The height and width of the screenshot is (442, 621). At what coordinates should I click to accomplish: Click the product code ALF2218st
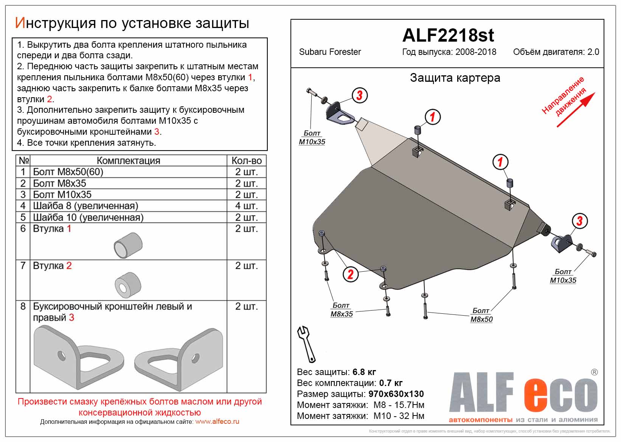coord(448,36)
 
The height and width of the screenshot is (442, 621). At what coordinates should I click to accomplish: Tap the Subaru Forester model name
coord(330,52)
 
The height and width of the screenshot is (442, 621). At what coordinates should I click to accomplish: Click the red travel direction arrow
coord(576,110)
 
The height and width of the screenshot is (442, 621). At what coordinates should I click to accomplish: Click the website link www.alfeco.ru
coord(217,422)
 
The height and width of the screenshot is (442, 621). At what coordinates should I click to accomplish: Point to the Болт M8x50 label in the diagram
coord(481,315)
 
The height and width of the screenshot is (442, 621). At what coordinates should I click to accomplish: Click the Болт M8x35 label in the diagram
coord(341,310)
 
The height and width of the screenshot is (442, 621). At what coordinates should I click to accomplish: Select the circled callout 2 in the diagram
coord(350,274)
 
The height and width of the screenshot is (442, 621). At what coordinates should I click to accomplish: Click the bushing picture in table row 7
coord(128,285)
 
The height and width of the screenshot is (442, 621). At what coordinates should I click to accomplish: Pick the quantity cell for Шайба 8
coord(246,206)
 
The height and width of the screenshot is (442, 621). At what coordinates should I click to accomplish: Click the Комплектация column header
coord(128,160)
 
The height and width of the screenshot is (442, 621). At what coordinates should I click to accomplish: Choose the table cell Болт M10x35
coord(62,195)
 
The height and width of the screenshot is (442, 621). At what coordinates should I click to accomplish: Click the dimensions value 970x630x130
coord(396,394)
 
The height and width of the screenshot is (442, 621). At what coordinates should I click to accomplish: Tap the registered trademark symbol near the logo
coord(594,372)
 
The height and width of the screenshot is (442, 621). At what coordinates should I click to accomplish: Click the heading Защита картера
coord(455,78)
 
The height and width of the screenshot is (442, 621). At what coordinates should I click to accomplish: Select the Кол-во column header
coord(246,160)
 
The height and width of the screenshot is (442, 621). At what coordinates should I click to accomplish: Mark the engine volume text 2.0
coord(593,52)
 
